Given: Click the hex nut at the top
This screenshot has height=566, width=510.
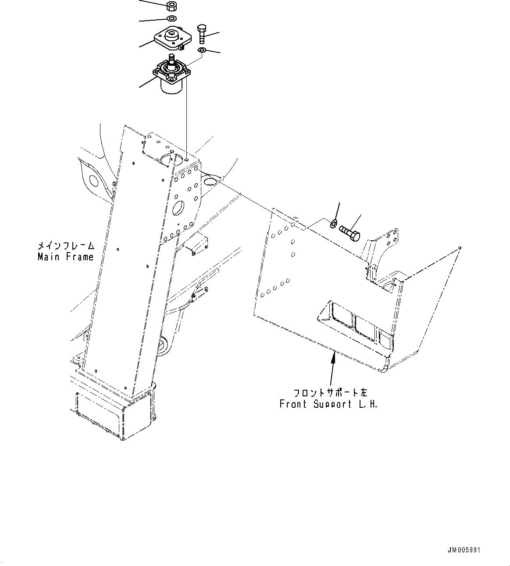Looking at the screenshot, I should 172,7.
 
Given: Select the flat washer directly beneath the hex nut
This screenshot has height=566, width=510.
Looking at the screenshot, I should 171,18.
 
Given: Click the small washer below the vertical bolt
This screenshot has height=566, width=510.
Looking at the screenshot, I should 201,51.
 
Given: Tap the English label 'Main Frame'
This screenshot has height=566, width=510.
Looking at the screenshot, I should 66,257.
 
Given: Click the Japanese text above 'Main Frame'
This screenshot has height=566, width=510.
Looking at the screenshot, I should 66,246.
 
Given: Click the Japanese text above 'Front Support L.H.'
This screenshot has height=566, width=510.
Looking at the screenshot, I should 331,392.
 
